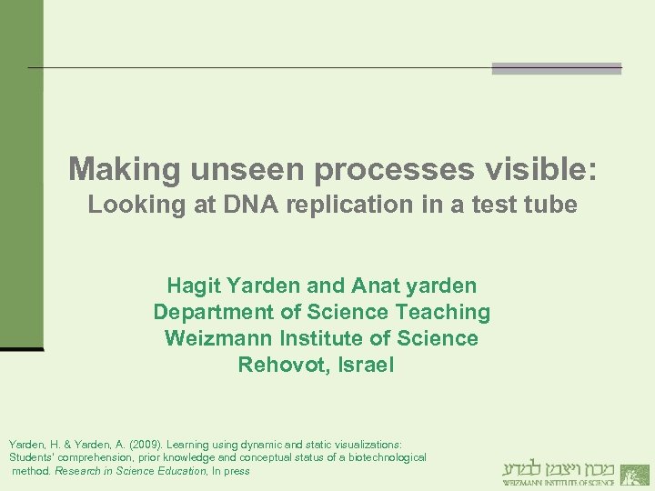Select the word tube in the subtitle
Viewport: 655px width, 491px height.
[x=552, y=205]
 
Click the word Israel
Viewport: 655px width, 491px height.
[x=364, y=366]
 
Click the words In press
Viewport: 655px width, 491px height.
[x=231, y=471]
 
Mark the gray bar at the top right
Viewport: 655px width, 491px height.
[x=557, y=68]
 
